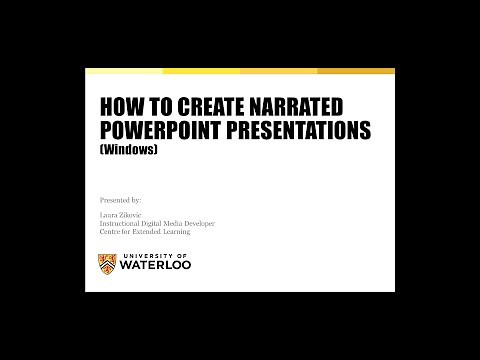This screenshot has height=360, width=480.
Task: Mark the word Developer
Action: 200,224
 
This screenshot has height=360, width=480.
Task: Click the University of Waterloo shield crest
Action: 108,264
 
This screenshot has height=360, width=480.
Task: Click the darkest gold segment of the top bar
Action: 356,71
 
